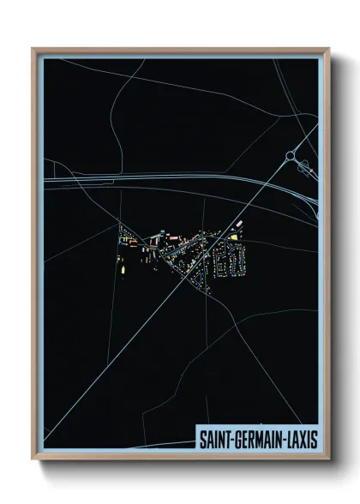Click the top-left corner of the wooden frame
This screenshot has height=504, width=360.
pyautogui.click(x=33, y=49)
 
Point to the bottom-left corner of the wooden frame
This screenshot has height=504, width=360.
pyautogui.click(x=33, y=459)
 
